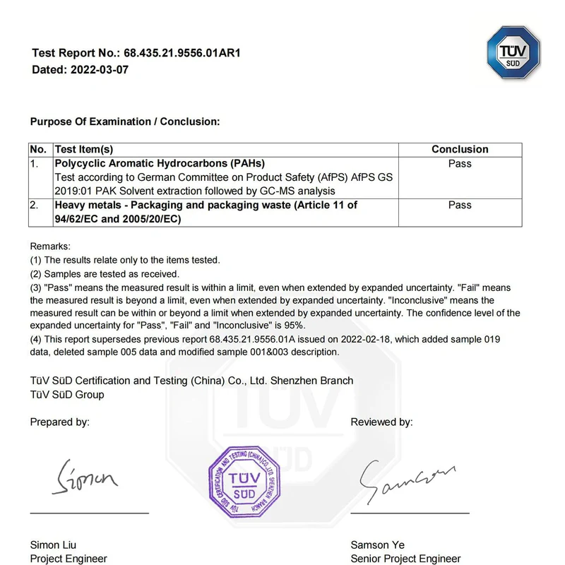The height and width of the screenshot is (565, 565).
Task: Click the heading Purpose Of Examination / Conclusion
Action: coord(125,121)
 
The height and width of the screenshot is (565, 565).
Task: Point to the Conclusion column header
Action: coord(460,150)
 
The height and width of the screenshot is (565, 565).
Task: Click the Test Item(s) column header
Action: coord(84,150)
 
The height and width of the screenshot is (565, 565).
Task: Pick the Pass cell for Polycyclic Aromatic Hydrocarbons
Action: coord(460,164)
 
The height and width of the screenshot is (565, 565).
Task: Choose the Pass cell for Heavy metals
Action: coord(460,205)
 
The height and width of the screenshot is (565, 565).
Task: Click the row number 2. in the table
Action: coord(35,205)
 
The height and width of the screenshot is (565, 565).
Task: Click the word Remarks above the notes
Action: coord(50,246)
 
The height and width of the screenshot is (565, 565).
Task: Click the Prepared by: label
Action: coord(59,422)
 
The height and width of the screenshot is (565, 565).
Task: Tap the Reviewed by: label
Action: coord(381,422)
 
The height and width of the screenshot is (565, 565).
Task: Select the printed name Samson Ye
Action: coord(379,545)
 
